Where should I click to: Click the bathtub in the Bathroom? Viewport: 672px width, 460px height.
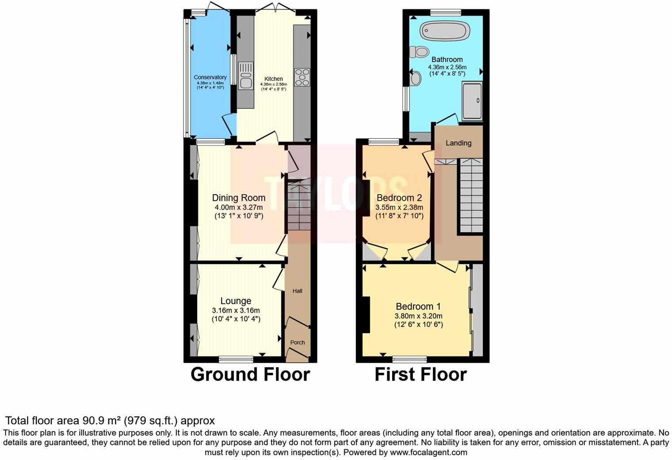[x=445, y=31]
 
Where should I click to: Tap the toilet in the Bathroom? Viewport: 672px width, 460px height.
[x=420, y=52]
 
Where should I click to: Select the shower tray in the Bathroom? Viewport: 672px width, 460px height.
[x=472, y=101]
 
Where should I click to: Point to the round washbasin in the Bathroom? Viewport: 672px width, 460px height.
[x=416, y=78]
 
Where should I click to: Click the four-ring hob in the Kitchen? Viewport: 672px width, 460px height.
[x=302, y=77]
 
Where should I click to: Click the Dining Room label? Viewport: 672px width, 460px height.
[x=239, y=198]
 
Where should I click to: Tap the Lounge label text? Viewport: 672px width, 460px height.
[x=236, y=301]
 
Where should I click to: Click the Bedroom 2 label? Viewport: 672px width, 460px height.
[x=399, y=198]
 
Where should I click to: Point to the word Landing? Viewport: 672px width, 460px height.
[x=458, y=143]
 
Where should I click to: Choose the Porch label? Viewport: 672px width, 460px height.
[x=297, y=342]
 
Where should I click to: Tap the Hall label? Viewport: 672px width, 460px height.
[x=297, y=291]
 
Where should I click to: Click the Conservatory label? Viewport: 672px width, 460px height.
[x=210, y=77]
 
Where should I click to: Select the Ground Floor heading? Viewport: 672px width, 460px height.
[x=250, y=375]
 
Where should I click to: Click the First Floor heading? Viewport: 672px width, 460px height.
[x=420, y=375]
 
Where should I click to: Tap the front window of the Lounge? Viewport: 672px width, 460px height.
[x=236, y=359]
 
